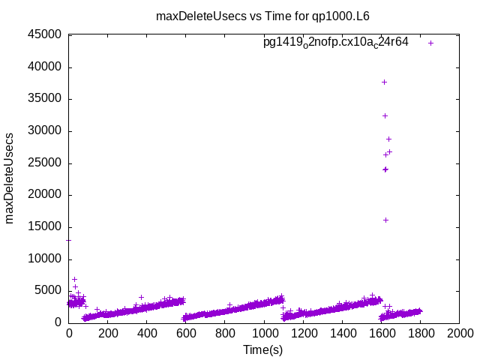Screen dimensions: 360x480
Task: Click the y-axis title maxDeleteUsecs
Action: click(x=10, y=178)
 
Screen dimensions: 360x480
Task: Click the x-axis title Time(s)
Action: click(x=263, y=349)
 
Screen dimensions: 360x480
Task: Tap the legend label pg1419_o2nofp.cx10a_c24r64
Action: click(x=335, y=42)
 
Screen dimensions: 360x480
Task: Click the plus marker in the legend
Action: click(x=431, y=43)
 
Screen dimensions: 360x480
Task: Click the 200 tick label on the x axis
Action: click(x=108, y=334)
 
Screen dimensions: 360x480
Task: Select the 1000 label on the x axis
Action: click(x=264, y=334)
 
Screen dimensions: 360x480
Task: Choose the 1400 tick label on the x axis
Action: click(x=342, y=334)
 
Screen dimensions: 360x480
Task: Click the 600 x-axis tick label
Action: click(x=186, y=334)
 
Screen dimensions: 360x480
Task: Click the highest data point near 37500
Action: click(x=385, y=82)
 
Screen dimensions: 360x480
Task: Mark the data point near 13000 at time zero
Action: click(x=69, y=240)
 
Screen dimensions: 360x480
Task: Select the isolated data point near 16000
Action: click(x=385, y=220)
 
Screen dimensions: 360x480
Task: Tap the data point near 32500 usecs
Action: click(x=385, y=115)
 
